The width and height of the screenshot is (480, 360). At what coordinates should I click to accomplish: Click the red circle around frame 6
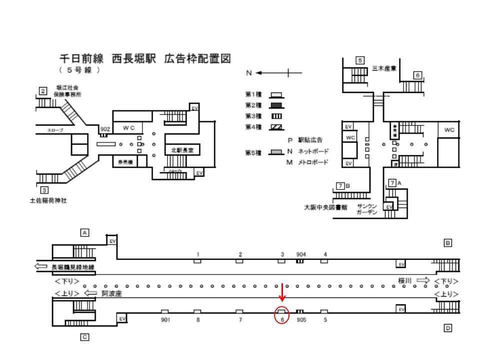[282, 315]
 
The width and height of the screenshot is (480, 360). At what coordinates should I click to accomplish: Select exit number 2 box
[43, 91]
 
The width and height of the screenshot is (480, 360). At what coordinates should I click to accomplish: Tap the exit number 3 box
[44, 189]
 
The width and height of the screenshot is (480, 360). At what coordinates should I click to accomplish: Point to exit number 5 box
[359, 60]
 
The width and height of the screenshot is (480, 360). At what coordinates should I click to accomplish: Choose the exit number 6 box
[417, 75]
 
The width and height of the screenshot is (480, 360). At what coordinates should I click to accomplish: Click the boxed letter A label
[85, 232]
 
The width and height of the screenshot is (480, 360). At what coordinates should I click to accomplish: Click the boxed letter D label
[448, 328]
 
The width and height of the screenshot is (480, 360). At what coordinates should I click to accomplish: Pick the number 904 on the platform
[300, 254]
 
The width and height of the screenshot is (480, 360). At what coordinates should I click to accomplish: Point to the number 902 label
[104, 129]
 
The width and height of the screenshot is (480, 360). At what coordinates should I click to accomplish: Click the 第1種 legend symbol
[276, 94]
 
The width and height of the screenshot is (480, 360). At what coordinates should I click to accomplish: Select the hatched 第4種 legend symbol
[276, 127]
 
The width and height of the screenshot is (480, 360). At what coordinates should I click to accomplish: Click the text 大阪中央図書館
[325, 207]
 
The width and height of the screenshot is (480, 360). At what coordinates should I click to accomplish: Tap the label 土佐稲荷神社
[48, 200]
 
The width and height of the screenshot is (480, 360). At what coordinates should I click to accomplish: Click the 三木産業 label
[385, 68]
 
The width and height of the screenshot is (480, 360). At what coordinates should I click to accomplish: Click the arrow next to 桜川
[423, 281]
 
